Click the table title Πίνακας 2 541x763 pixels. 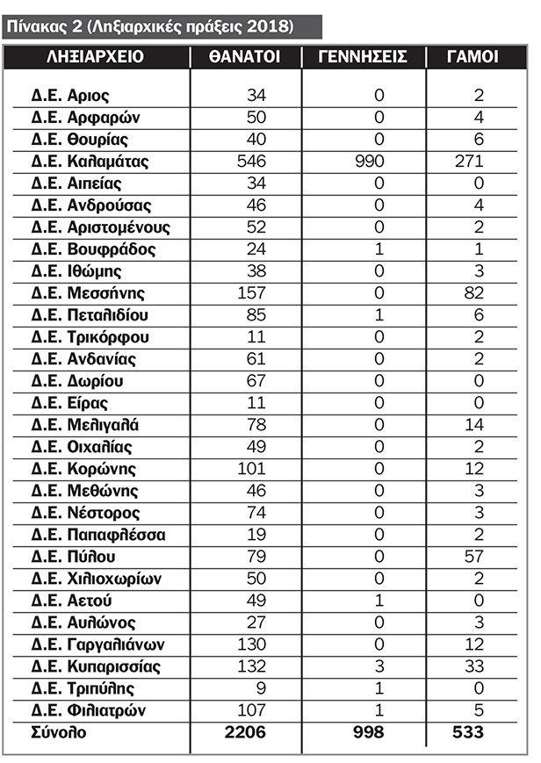(x=149, y=25)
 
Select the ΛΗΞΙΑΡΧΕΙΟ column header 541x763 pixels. (x=96, y=58)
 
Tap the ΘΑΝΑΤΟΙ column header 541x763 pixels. (x=245, y=58)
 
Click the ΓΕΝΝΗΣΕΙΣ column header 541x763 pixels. (x=362, y=58)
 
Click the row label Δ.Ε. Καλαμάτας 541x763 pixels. (x=90, y=162)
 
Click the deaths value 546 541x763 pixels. (x=251, y=162)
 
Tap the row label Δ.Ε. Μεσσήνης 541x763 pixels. (x=89, y=293)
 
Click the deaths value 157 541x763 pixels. (x=251, y=293)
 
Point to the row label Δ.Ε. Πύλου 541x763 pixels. (x=75, y=557)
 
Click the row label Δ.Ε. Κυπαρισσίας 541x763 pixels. (x=97, y=666)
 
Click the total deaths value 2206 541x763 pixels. (x=246, y=733)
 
